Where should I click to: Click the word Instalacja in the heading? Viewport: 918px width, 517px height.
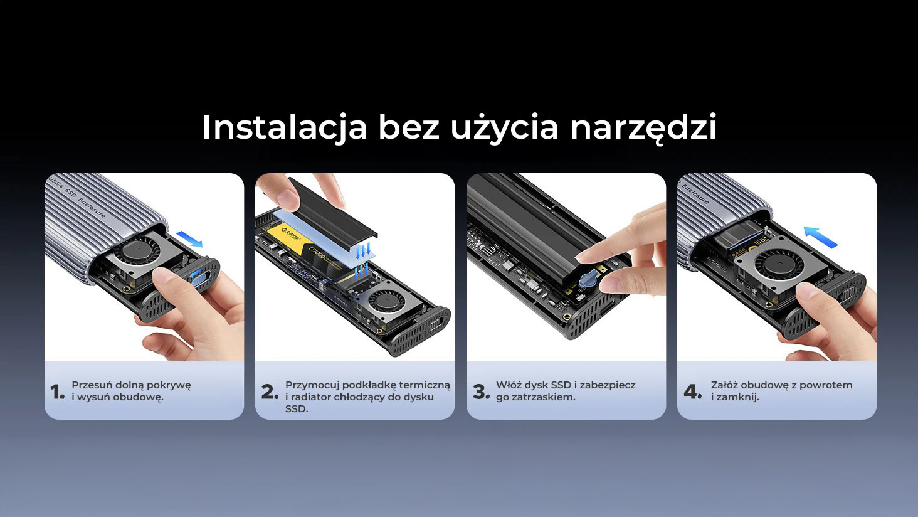tap(285, 128)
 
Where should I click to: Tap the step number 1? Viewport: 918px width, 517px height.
tap(57, 392)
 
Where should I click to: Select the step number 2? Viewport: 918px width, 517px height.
tap(270, 392)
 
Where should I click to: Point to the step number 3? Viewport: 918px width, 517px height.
tap(481, 392)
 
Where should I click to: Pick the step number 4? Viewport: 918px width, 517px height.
tap(693, 392)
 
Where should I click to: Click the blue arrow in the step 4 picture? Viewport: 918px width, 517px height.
tap(820, 237)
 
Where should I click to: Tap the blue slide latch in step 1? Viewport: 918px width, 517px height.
tap(195, 277)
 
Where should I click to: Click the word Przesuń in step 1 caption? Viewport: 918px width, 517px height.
tap(92, 385)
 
